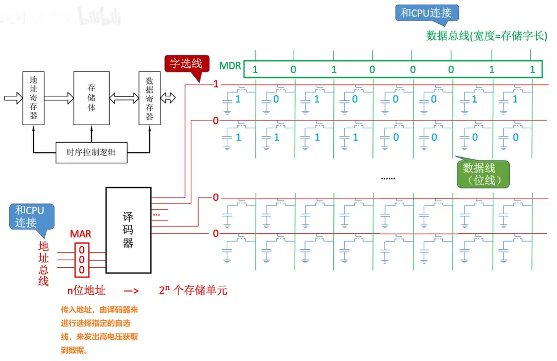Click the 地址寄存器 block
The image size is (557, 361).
click(33, 98)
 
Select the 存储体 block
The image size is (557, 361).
click(92, 98)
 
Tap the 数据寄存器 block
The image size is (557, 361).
click(150, 98)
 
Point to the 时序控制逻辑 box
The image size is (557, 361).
click(91, 153)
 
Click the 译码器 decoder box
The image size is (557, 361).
click(128, 230)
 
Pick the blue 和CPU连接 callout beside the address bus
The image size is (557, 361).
click(30, 216)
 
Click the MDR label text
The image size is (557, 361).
click(230, 66)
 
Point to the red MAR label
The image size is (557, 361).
click(81, 234)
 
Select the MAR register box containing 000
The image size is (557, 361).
click(81, 260)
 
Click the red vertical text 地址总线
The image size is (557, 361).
click(43, 263)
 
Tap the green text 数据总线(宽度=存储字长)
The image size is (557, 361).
click(487, 36)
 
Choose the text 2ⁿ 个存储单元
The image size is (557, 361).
click(193, 290)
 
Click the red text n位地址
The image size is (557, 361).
click(86, 290)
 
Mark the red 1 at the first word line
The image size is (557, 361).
click(216, 84)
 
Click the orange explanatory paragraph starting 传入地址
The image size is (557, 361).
click(99, 330)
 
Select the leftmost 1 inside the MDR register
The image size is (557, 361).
click(255, 69)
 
